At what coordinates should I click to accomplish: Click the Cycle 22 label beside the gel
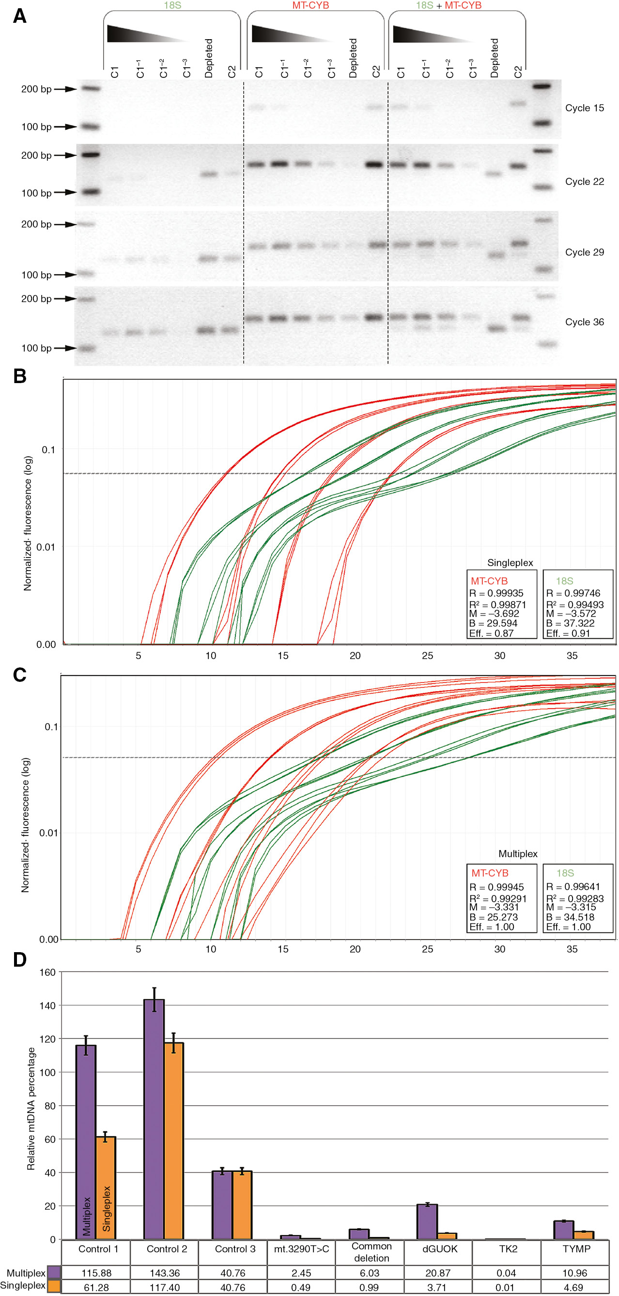pos(584,182)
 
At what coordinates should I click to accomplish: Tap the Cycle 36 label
pos(584,322)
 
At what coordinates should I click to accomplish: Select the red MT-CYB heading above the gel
pos(310,5)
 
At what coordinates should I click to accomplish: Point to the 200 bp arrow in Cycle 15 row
pos(65,89)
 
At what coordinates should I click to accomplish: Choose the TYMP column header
pos(576,1249)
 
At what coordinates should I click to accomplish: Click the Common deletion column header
pos(371,1252)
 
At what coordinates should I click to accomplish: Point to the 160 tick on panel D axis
pos(48,972)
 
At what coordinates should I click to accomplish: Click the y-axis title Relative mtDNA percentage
pos(31,1110)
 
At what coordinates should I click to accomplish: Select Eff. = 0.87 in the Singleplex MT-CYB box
pos(491,633)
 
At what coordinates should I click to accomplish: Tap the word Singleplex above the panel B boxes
pos(510,562)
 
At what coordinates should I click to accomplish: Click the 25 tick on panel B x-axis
pos(427,656)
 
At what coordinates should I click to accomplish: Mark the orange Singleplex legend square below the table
pos(54,1286)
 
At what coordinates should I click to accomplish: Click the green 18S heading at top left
pos(172,5)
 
